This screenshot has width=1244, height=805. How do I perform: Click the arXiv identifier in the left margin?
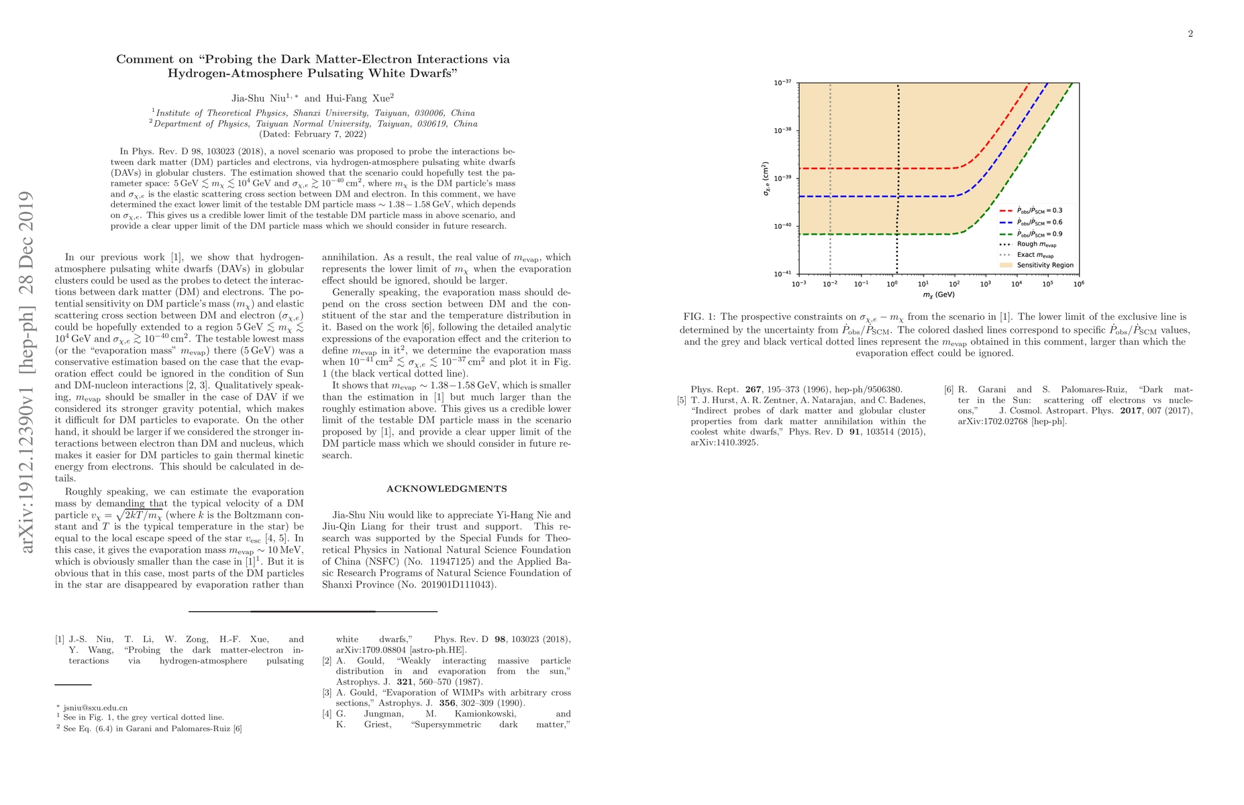pos(27,372)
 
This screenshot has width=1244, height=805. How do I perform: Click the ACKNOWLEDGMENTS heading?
pos(446,489)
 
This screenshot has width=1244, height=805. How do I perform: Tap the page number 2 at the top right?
pos(1190,34)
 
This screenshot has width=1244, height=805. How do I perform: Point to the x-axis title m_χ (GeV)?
pos(938,294)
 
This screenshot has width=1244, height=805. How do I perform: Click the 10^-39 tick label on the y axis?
pos(782,178)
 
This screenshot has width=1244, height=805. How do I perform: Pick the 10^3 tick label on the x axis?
pos(985,284)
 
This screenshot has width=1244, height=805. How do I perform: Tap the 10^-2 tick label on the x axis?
pos(830,284)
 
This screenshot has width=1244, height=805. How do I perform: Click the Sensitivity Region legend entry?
pos(1045,265)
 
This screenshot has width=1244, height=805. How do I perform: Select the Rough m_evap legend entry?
pos(1036,244)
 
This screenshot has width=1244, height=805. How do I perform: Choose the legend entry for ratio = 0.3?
pos(1039,211)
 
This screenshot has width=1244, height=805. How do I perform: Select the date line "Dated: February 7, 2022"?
pos(313,134)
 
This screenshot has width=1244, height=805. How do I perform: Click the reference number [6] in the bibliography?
pos(949,390)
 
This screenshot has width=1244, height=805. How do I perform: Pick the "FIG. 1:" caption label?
pos(701,317)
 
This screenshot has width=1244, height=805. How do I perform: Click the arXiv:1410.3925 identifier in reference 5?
pos(725,443)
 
